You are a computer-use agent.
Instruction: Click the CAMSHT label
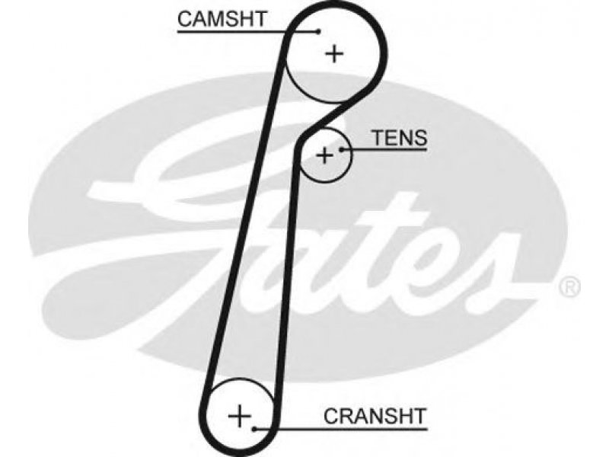pyautogui.click(x=222, y=18)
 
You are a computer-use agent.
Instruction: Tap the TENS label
pyautogui.click(x=400, y=138)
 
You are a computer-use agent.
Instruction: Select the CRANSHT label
pyautogui.click(x=375, y=416)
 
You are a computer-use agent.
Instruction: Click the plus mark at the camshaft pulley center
pyautogui.click(x=334, y=53)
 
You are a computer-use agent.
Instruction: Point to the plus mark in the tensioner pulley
pyautogui.click(x=325, y=156)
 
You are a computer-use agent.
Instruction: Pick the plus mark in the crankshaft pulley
pyautogui.click(x=239, y=416)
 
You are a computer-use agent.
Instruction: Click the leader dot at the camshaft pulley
pyautogui.click(x=319, y=31)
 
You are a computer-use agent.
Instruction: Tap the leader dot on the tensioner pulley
pyautogui.click(x=341, y=149)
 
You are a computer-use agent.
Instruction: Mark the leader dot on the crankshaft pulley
pyautogui.click(x=254, y=429)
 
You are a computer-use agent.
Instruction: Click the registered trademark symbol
pyautogui.click(x=569, y=287)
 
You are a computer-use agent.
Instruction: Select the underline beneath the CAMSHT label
pyautogui.click(x=248, y=31)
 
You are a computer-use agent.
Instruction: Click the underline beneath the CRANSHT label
pyautogui.click(x=341, y=429)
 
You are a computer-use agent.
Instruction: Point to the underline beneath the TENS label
pyautogui.click(x=384, y=149)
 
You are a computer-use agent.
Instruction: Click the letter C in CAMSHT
pyautogui.click(x=186, y=19)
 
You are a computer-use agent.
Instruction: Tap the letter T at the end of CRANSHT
pyautogui.click(x=419, y=416)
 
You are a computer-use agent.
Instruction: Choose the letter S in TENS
pyautogui.click(x=420, y=138)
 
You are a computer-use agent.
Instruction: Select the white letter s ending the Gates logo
pyautogui.click(x=493, y=272)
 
